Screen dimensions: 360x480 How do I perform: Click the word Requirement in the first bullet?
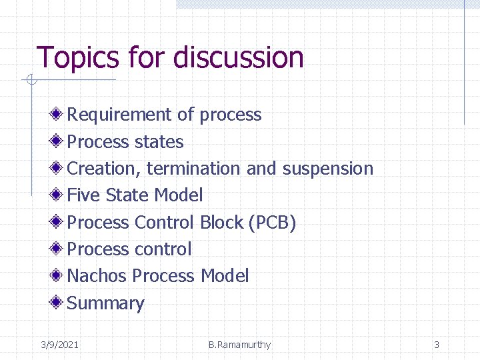[119, 115]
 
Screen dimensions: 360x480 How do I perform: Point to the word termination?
[194, 169]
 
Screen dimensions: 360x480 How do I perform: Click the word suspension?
[327, 169]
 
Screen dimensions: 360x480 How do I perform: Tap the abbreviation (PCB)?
[272, 222]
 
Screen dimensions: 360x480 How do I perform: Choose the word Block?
[221, 222]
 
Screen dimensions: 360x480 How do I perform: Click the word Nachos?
[97, 276]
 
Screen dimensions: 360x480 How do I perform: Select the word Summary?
[106, 303]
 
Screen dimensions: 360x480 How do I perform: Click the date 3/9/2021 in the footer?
[59, 345]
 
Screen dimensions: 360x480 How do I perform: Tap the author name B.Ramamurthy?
[239, 345]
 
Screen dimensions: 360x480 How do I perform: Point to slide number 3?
[437, 345]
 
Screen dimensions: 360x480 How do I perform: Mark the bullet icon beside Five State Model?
[58, 195]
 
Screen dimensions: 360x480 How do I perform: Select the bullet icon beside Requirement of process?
[58, 114]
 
